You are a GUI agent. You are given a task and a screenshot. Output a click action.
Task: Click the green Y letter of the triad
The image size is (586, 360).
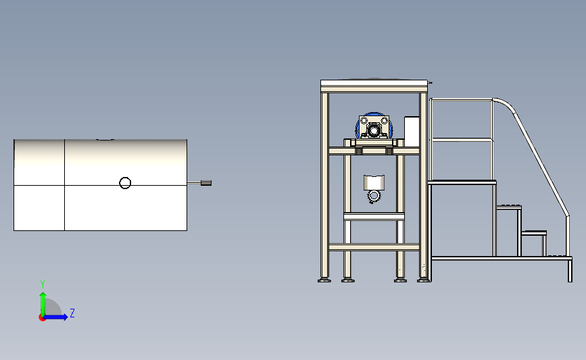point(43,284)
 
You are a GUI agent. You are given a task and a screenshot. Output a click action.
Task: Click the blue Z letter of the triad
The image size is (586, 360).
point(72,313)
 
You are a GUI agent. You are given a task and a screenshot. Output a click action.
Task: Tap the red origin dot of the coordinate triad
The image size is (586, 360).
point(42,318)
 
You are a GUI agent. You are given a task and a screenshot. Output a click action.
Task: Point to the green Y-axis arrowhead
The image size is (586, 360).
point(43,296)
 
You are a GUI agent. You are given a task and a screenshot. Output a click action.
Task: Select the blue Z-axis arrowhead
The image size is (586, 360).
point(65,317)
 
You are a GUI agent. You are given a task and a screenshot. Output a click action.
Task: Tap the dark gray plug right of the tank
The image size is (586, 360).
point(206,183)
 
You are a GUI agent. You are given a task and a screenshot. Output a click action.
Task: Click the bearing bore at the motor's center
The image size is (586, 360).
point(373,130)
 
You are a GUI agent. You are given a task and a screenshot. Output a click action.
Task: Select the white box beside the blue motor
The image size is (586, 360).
point(412,132)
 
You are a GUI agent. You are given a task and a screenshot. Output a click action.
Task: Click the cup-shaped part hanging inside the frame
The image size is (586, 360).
point(374,182)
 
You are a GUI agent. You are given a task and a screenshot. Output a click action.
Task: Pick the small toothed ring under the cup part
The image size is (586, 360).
point(373,196)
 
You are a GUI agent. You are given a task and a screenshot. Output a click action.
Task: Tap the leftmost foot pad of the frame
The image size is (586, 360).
point(324,280)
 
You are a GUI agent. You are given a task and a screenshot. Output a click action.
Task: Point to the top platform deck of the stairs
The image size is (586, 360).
point(462,182)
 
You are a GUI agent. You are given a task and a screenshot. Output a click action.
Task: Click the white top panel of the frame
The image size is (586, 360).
point(374,83)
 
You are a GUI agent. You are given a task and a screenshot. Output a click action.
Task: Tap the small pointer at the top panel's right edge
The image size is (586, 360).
point(430,82)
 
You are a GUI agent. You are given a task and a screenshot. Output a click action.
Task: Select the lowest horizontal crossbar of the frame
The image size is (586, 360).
point(374,247)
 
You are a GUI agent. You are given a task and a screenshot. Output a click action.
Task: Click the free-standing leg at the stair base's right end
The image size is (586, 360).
point(570,271)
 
